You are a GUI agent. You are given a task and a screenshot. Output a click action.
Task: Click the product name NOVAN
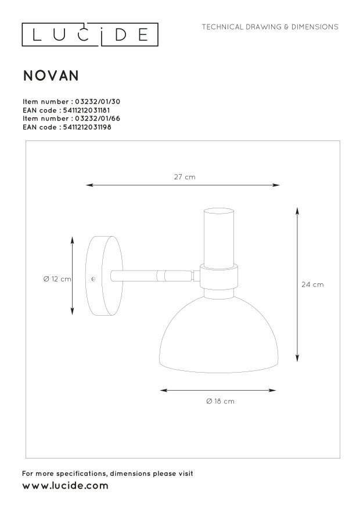click(x=51, y=75)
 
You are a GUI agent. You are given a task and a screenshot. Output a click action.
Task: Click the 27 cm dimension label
click(x=184, y=177)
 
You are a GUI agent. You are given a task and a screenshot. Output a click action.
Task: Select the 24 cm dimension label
click(x=312, y=285)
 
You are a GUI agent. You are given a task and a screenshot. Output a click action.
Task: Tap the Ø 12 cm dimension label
click(x=57, y=279)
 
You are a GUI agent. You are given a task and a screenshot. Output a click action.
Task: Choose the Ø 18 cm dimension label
click(x=220, y=402)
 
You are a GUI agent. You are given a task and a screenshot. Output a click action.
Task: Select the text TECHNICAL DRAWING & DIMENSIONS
click(x=269, y=27)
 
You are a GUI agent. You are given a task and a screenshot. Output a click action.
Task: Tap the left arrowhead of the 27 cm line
click(x=88, y=186)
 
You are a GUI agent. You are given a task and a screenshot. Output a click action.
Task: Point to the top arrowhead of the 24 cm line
click(x=297, y=211)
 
